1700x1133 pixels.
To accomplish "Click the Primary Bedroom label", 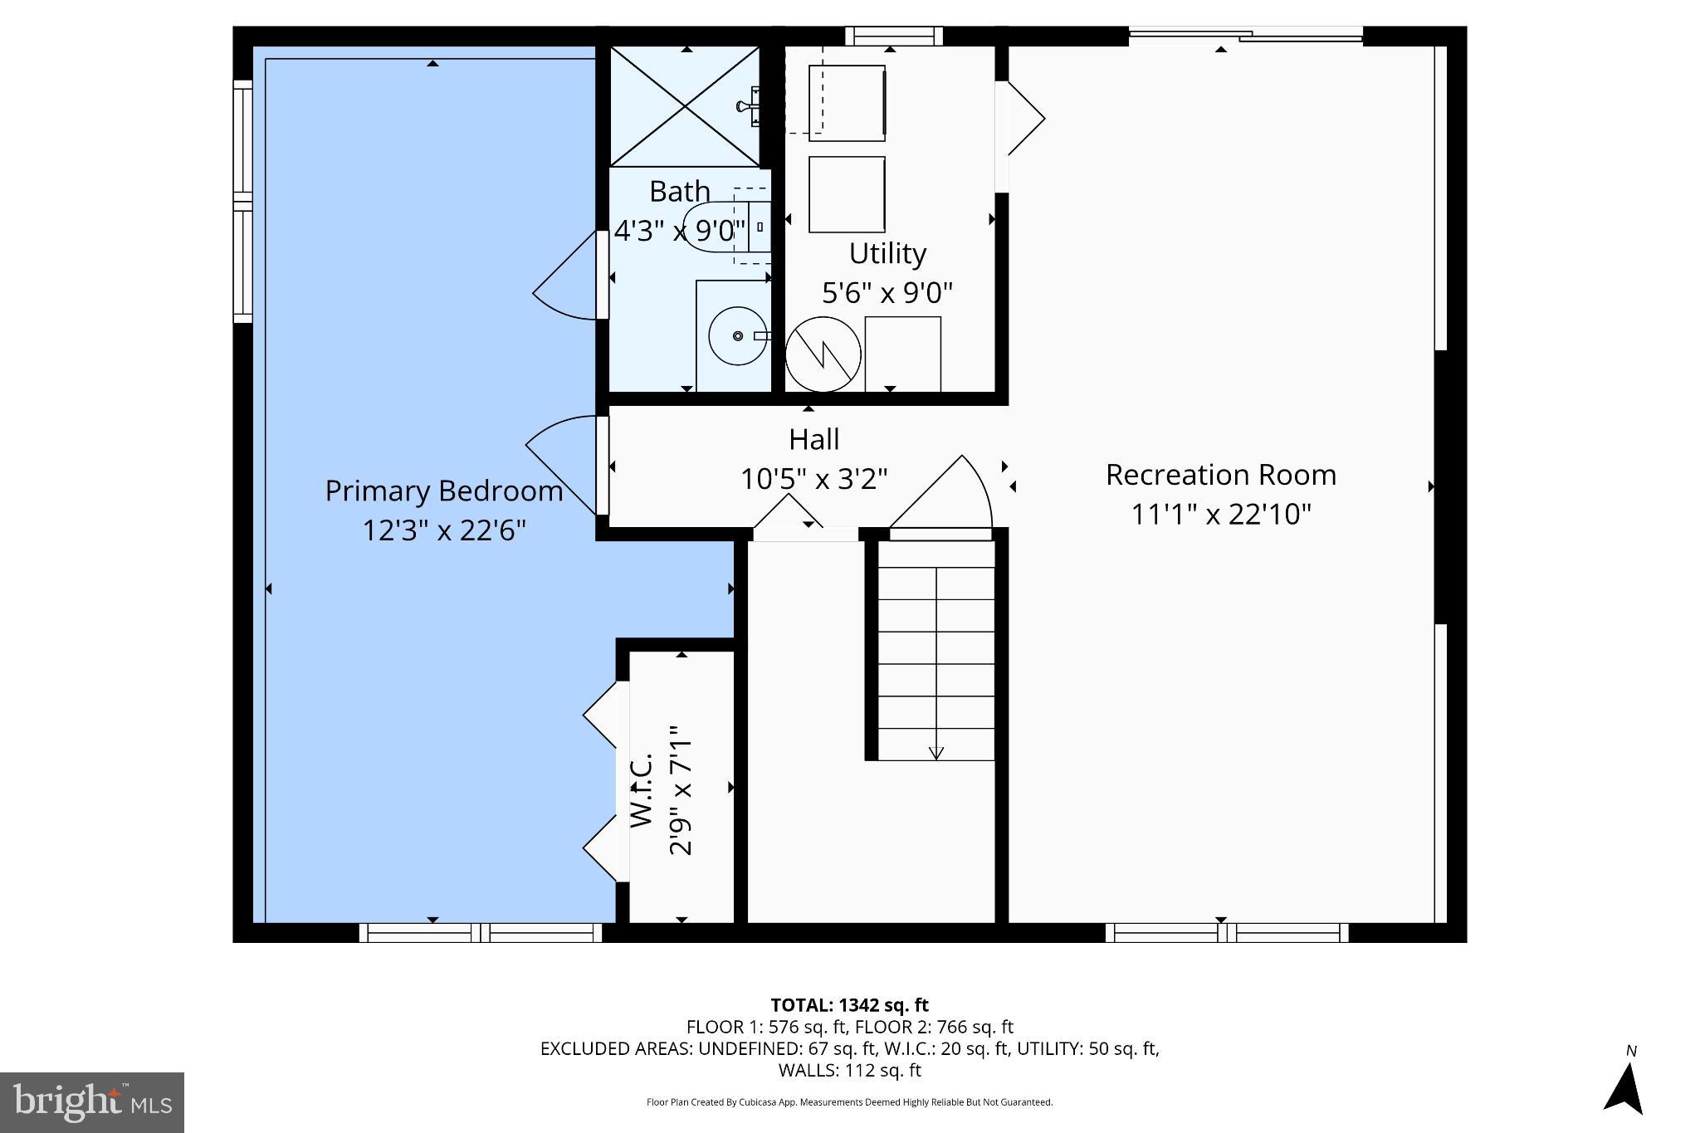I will click(443, 491).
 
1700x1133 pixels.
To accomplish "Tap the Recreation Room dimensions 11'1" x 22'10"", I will click(1220, 515).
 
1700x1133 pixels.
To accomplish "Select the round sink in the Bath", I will click(737, 336).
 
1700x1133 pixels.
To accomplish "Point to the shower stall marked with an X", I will click(685, 106).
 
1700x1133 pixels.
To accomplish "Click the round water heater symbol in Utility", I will click(823, 354).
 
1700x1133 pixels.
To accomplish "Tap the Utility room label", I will click(887, 253).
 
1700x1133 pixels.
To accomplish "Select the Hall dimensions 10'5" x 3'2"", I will click(813, 480).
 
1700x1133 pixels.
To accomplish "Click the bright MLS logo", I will click(91, 1102).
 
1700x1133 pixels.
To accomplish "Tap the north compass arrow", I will click(1625, 1087).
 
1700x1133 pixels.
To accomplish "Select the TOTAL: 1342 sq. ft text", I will click(849, 1005).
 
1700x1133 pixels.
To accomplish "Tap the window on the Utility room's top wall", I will click(894, 36).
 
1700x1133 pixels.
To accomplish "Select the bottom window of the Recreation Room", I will click(1227, 932).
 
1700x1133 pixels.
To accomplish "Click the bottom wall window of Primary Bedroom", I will click(481, 932).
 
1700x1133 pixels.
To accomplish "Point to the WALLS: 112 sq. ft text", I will click(849, 1071).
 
